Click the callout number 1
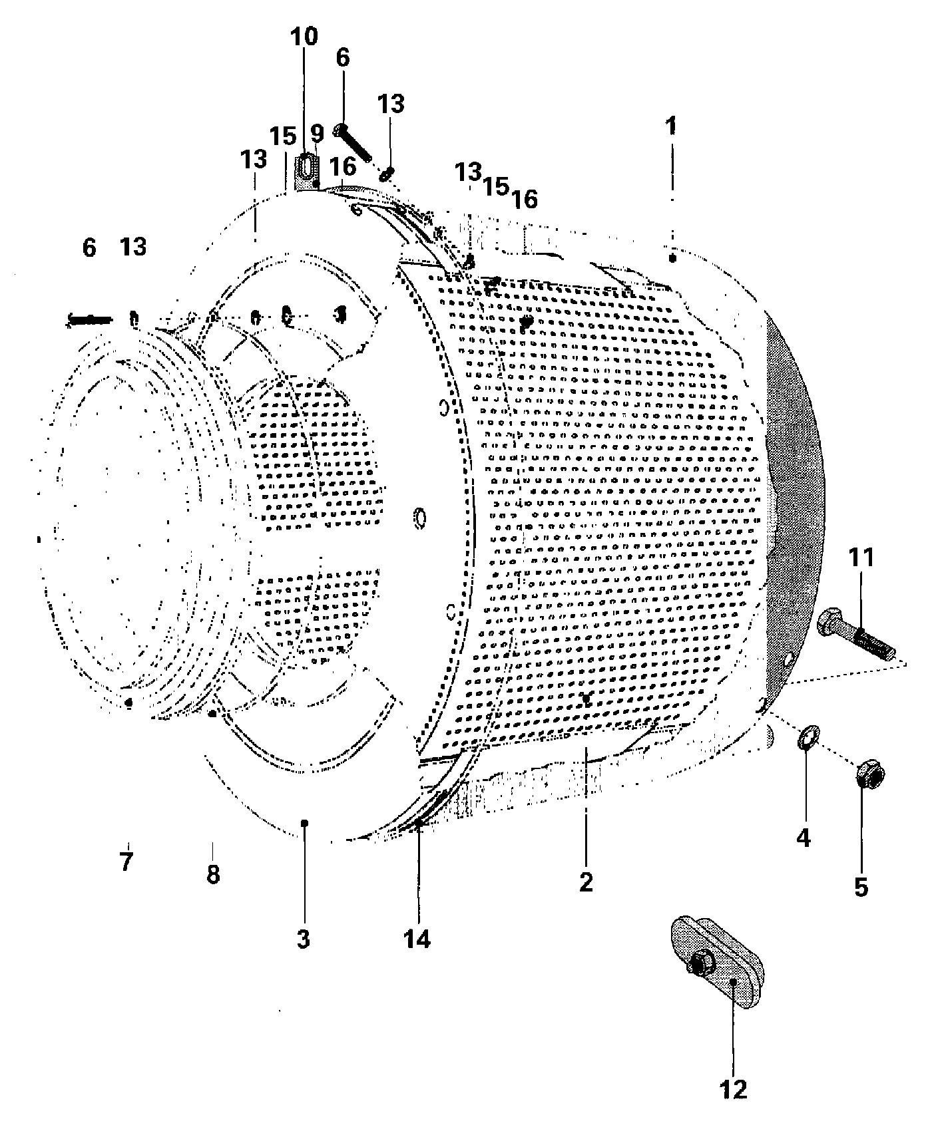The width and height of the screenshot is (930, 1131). point(672,124)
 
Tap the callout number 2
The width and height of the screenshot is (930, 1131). point(586,882)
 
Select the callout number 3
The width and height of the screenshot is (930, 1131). point(304,939)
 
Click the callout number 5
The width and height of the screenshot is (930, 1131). point(861,886)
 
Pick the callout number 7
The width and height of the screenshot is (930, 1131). point(126,862)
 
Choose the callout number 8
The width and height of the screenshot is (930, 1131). point(213,874)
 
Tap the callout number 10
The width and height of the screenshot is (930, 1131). point(304,37)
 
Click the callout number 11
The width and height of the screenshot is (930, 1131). point(861,557)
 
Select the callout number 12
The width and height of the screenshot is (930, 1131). point(733,1088)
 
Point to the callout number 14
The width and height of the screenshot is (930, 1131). point(417,939)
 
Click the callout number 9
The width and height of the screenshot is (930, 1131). point(317,133)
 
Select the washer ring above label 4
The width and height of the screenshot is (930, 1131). point(808,737)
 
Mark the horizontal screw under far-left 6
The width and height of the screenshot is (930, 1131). point(91,320)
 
